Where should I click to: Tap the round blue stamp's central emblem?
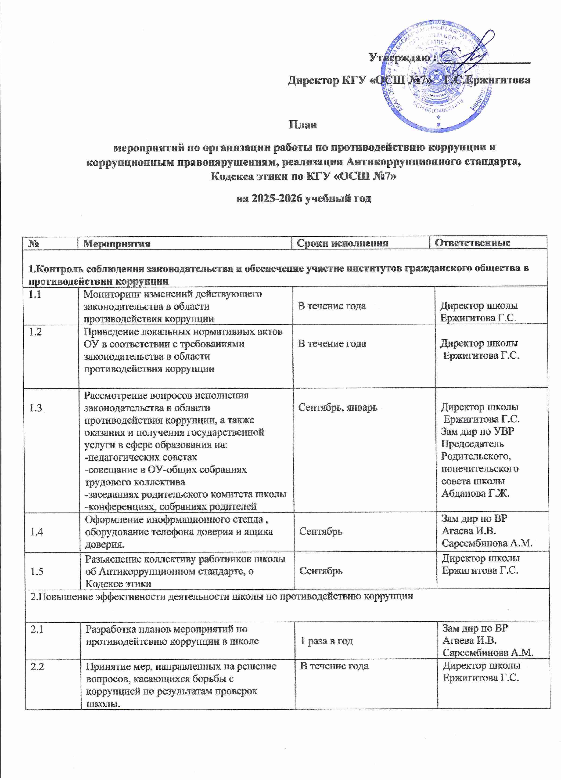point(437,83)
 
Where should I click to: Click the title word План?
point(302,124)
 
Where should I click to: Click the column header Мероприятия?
point(117,243)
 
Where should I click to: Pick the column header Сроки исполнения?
point(342,243)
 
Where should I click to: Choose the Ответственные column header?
point(472,243)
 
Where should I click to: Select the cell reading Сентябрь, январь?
point(338,408)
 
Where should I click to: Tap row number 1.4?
point(36,532)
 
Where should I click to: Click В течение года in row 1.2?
point(332,343)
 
